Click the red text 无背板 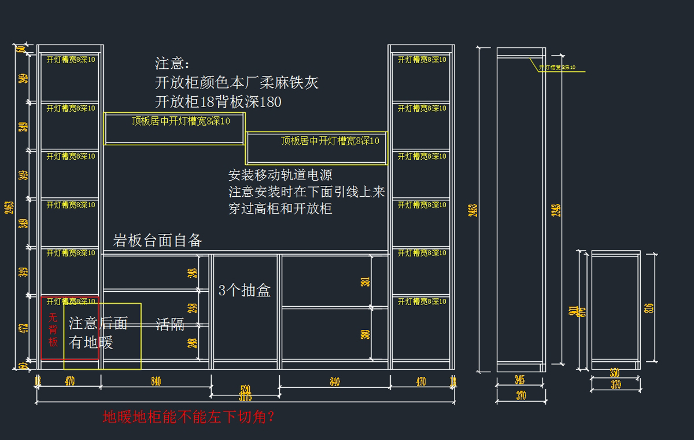tap(53, 329)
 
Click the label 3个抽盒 tap(245, 291)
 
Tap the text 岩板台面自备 tap(157, 241)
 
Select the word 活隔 tap(170, 325)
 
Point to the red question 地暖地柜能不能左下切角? tap(189, 417)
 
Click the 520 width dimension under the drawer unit tap(245, 388)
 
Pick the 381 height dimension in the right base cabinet tap(365, 282)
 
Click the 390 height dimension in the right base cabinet tap(365, 334)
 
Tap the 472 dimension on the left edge tap(24, 329)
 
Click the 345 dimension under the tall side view tap(520, 380)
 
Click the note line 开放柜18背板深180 tap(218, 102)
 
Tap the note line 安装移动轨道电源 tap(280, 175)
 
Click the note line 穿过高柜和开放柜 tap(280, 208)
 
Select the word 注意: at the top tap(172, 64)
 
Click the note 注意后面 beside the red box tap(98, 324)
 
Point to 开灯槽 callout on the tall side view tap(557, 68)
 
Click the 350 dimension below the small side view tap(615, 373)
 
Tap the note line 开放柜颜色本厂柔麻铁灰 tap(237, 83)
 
